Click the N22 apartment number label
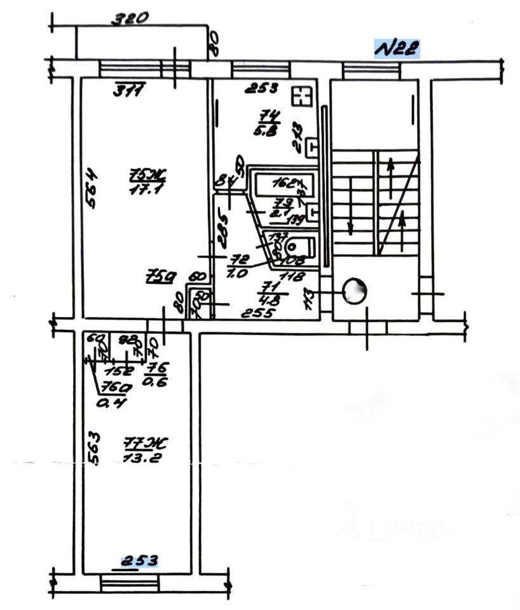(397, 49)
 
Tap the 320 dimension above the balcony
(130, 18)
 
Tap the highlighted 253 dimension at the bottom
(139, 560)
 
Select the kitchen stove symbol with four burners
(299, 97)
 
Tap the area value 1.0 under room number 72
(240, 274)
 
